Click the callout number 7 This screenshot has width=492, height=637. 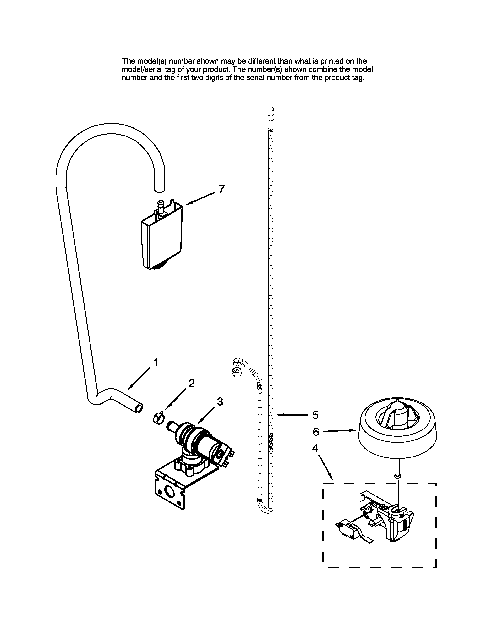click(x=221, y=190)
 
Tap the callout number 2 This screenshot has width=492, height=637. click(x=191, y=383)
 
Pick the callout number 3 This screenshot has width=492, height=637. click(x=220, y=402)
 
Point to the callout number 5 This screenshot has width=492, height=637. click(x=315, y=415)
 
